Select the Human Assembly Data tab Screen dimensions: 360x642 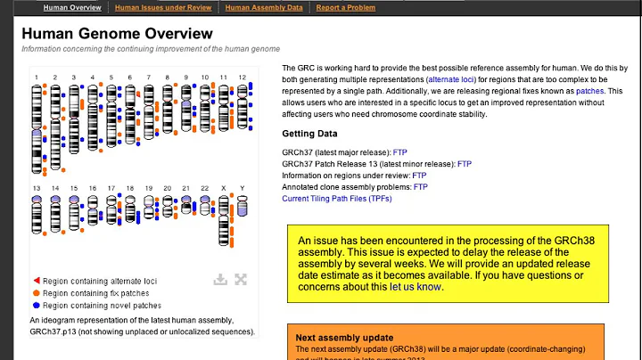(263, 8)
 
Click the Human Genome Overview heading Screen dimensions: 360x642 (117, 34)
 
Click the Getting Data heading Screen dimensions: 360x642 (309, 135)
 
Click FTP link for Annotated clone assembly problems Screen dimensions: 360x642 (420, 187)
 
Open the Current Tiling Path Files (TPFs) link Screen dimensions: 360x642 (336, 199)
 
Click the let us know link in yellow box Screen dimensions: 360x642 (416, 287)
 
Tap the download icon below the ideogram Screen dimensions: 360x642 (220, 279)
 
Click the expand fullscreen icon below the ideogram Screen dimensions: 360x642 (241, 279)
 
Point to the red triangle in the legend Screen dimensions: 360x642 (36, 281)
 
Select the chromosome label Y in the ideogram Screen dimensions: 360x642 (242, 189)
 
